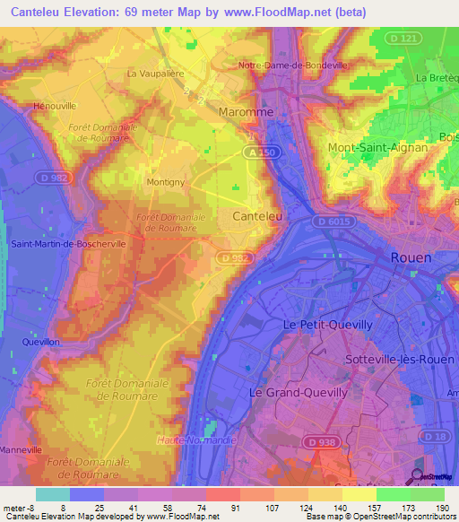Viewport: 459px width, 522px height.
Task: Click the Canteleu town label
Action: [x=257, y=216]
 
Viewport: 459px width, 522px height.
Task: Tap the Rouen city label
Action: [x=411, y=257]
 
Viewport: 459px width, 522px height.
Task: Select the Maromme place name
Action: [x=246, y=112]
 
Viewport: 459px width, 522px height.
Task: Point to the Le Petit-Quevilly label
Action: [x=321, y=325]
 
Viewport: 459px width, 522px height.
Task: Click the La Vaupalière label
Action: [x=159, y=74]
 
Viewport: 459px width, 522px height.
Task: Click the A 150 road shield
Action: [x=256, y=153]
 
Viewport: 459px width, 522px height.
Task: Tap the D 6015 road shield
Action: [x=333, y=221]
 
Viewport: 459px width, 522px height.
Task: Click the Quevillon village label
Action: [x=42, y=342]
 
